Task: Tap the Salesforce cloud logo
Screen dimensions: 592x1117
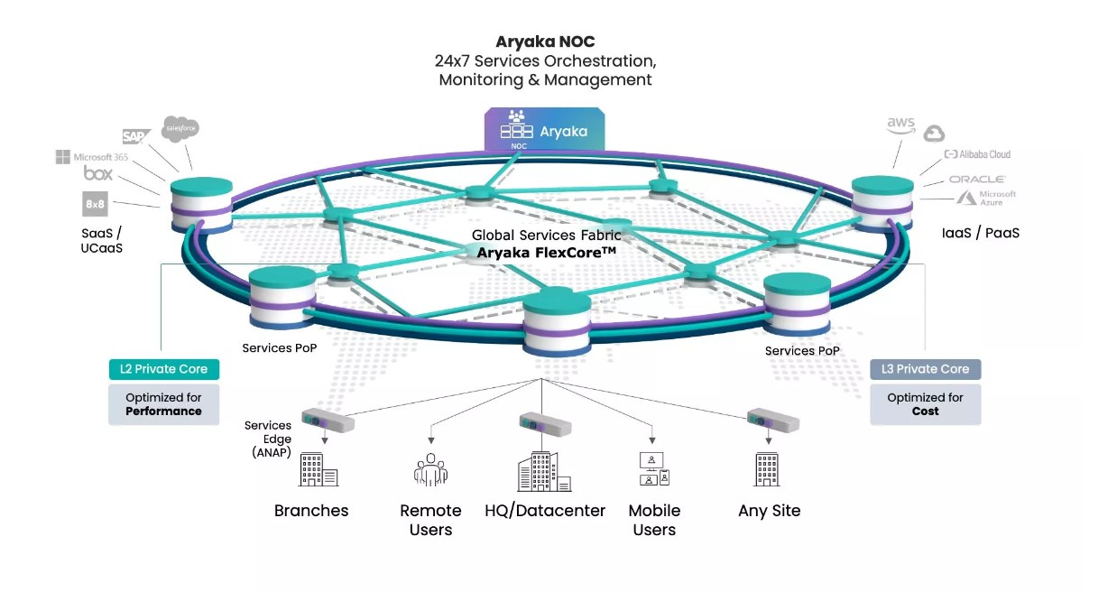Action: (x=180, y=129)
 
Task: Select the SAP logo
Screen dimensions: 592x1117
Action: (x=135, y=136)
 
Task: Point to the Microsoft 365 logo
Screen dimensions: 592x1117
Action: (x=92, y=157)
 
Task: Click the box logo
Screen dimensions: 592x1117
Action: (x=97, y=173)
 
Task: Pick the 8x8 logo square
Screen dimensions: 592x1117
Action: (x=96, y=204)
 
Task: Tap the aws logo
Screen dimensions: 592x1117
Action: (x=900, y=125)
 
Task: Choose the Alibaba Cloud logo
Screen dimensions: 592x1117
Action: (x=977, y=154)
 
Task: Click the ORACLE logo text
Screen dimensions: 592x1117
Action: (x=976, y=180)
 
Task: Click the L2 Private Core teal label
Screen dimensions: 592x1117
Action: (x=163, y=369)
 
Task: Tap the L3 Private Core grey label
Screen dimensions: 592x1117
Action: (x=925, y=369)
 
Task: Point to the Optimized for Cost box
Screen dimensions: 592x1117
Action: (x=925, y=404)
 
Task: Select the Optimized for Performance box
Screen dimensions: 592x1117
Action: (x=163, y=404)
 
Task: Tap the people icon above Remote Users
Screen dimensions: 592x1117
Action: (x=430, y=471)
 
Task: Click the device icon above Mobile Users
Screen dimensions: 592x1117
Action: (x=653, y=470)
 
